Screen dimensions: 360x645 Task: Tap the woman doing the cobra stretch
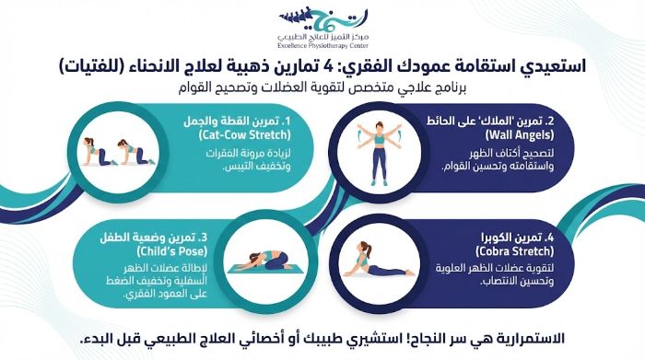(378, 262)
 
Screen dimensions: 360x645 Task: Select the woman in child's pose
(261, 262)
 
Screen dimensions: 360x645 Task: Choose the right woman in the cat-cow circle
(131, 150)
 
